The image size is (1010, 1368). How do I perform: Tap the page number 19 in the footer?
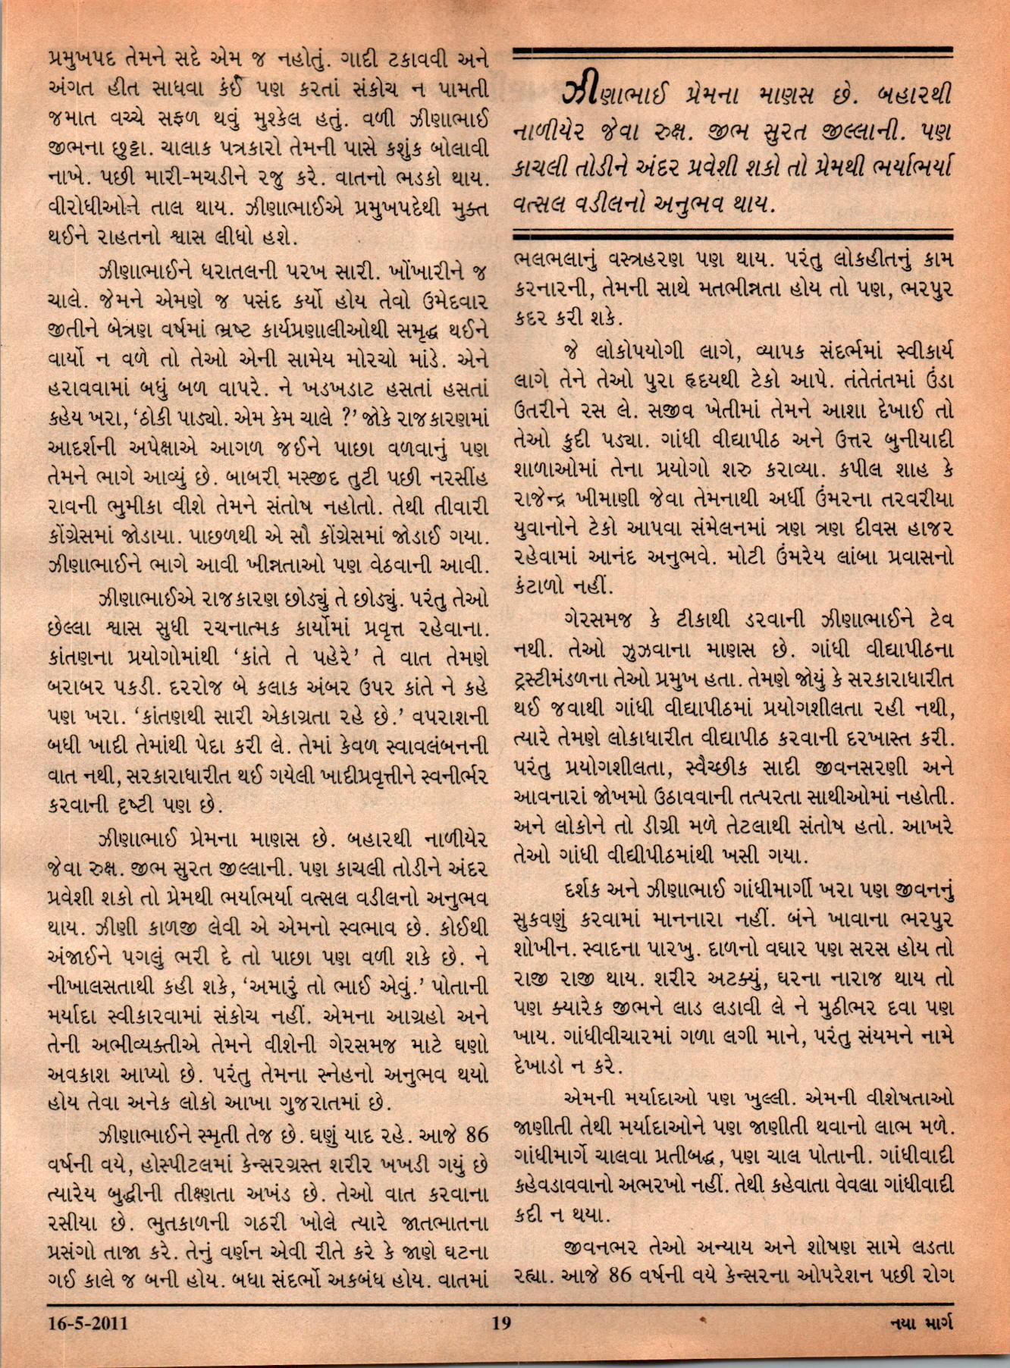[x=501, y=1324]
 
